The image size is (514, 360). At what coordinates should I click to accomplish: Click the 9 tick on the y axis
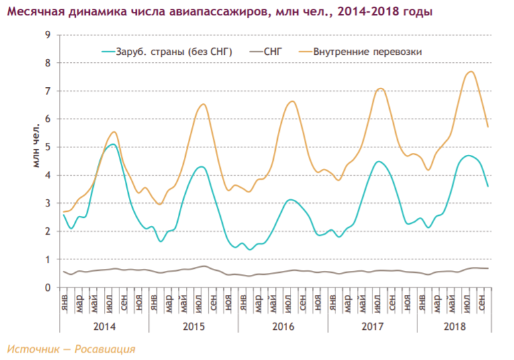[x=48, y=35]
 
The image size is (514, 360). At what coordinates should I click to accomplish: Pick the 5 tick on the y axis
[x=48, y=147]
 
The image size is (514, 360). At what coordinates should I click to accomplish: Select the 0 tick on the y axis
[x=48, y=288]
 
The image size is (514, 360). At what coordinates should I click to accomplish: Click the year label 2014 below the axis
[x=104, y=326]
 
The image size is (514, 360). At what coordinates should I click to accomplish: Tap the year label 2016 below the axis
[x=282, y=326]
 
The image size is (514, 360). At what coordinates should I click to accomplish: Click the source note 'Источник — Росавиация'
[x=71, y=349]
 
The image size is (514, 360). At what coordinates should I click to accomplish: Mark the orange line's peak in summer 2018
[x=471, y=72]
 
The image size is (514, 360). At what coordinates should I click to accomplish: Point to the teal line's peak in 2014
[x=113, y=144]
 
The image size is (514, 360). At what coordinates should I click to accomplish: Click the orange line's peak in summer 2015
[x=203, y=104]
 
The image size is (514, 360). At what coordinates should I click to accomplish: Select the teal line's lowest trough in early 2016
[x=250, y=249]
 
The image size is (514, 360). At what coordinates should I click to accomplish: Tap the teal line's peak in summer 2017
[x=379, y=162]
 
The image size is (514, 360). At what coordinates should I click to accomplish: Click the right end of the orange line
[x=488, y=127]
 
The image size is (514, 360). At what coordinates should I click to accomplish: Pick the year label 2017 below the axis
[x=372, y=326]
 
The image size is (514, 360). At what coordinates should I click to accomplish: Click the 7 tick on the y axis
[x=48, y=91]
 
